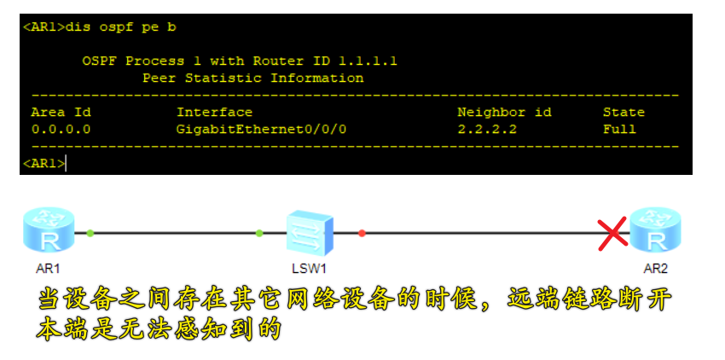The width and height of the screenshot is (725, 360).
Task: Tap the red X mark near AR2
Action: tap(612, 235)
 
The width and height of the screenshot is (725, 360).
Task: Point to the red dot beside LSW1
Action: tap(362, 232)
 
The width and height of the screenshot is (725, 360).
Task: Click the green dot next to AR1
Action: tap(90, 232)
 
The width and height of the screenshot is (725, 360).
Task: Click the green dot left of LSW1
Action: tap(259, 232)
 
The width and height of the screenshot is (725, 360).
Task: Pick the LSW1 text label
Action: tap(309, 268)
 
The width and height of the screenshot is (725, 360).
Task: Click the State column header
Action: tap(623, 113)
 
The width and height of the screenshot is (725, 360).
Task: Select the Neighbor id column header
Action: tap(504, 113)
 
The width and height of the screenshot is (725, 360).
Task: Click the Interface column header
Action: tap(214, 113)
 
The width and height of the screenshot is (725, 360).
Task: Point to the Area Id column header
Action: tap(61, 113)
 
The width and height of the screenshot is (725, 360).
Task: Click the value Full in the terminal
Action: tap(619, 130)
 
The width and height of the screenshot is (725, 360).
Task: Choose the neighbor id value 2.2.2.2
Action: tap(487, 130)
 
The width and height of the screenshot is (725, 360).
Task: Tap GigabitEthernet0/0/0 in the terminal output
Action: tap(262, 130)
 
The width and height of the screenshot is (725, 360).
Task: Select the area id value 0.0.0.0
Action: tap(61, 130)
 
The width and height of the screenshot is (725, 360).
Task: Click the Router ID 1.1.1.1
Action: tap(368, 61)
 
